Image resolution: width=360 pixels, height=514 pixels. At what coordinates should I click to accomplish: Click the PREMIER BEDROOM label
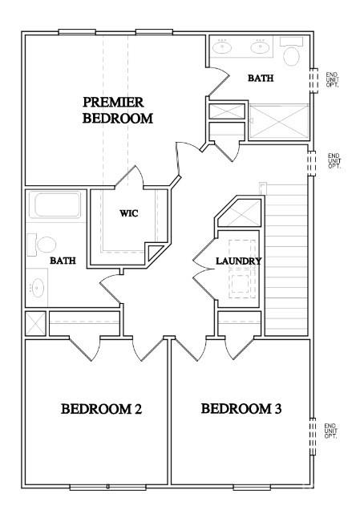[118, 110]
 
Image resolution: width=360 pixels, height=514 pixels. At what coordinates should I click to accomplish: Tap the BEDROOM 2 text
[102, 410]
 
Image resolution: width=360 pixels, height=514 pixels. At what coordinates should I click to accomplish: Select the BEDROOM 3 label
[241, 410]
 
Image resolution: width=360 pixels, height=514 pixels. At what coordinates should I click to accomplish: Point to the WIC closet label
[130, 213]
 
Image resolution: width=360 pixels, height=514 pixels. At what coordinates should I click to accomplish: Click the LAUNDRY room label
[239, 261]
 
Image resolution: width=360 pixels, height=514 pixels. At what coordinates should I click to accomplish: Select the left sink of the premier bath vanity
[224, 47]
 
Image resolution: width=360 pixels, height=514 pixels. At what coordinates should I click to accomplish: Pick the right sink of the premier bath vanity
[259, 47]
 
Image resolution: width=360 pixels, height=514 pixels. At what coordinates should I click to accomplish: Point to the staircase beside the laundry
[287, 257]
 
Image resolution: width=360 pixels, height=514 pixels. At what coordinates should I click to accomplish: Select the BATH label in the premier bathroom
[260, 79]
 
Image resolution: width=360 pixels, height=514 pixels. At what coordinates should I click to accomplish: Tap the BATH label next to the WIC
[63, 261]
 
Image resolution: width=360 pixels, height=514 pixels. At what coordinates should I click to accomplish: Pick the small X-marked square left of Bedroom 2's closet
[35, 323]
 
